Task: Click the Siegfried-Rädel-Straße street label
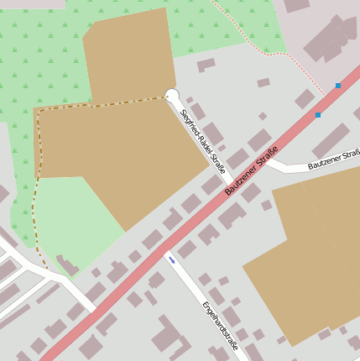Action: (203, 141)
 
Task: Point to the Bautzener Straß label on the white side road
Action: (333, 159)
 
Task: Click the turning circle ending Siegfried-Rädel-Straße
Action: (172, 96)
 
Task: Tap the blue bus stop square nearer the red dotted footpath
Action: (338, 86)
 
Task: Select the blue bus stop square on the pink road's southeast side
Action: (318, 114)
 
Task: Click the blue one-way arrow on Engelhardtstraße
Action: (172, 260)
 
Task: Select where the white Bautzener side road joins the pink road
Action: (269, 157)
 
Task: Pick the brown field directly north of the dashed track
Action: (130, 55)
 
